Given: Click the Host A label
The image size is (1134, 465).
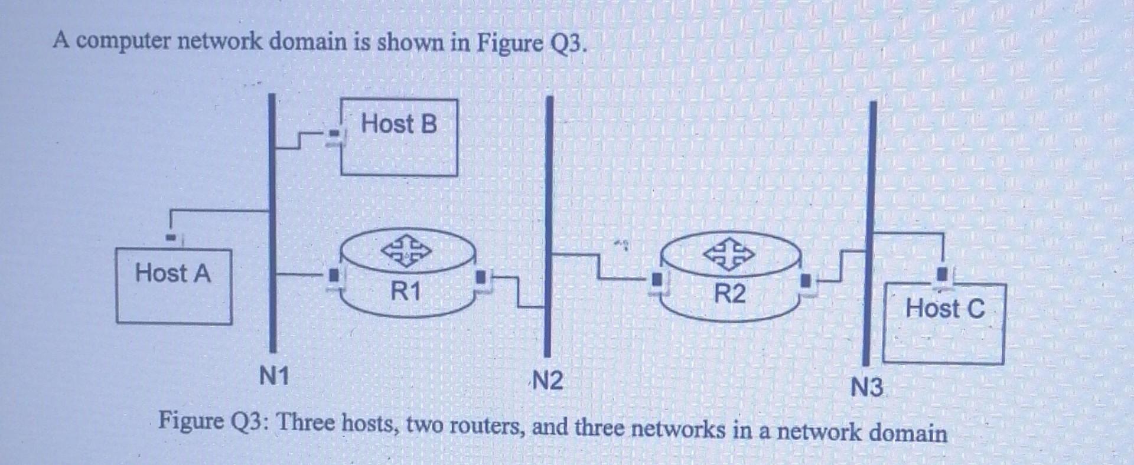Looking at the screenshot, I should [172, 274].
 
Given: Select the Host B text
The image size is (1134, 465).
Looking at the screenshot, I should [399, 124].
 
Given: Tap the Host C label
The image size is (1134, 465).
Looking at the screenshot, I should [945, 309].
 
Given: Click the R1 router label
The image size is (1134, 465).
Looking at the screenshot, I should [406, 292].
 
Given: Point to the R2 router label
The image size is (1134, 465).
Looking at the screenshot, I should [730, 293].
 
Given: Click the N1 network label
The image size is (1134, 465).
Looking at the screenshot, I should [274, 376].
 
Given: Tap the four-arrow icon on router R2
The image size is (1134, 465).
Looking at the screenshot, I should [729, 254].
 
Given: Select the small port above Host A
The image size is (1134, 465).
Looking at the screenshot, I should [171, 238].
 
